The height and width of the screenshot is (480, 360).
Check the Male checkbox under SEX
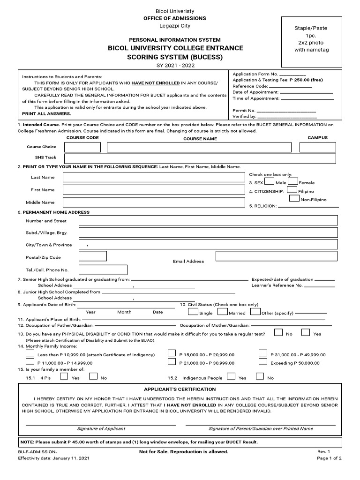point(270,181)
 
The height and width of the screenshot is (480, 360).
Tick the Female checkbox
point(293,181)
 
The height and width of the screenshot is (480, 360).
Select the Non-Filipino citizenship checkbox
point(294,198)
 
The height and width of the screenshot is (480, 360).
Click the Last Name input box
point(154,177)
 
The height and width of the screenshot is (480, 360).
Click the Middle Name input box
point(154,202)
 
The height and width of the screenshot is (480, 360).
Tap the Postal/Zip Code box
point(93,256)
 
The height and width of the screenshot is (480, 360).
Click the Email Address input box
point(277,256)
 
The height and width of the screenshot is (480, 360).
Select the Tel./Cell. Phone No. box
point(103,270)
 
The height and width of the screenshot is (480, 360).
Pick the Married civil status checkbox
point(222,312)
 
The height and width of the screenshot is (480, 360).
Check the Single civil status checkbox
point(193,312)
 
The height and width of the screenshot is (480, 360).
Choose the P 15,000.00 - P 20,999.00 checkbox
point(172,354)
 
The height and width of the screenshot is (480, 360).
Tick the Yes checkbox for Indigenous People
point(231,376)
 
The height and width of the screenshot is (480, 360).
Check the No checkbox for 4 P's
point(93,376)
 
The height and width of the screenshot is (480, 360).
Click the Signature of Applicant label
point(101,428)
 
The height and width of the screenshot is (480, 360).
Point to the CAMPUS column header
point(317,138)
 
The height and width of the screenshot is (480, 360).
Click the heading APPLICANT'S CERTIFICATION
point(180,389)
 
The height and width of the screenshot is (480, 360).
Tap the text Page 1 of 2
point(329,458)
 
